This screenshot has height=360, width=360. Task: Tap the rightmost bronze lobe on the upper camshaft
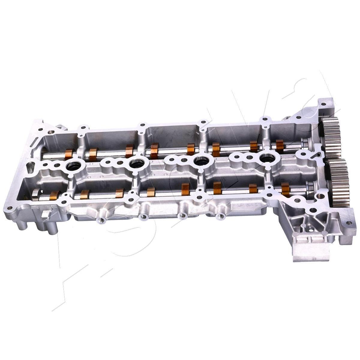pos(280,145)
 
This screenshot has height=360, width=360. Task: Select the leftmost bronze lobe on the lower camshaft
pos(54,195)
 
